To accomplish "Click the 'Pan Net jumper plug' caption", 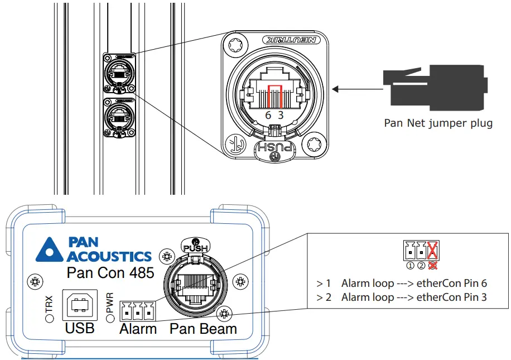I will click(x=438, y=123).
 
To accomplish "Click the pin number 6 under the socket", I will click(x=268, y=115).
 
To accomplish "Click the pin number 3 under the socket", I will click(x=281, y=115).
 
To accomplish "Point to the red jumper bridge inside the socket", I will click(x=275, y=92).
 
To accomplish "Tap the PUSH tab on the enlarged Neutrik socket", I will click(x=274, y=148).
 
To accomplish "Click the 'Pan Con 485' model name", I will click(x=105, y=273).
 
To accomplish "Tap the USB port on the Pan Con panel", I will click(x=79, y=304).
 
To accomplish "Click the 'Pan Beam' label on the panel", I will click(x=204, y=329).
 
